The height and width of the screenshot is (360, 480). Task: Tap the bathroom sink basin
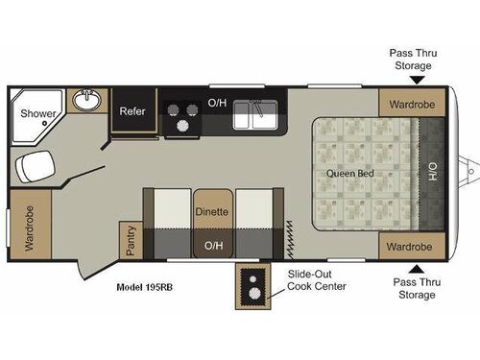(x=88, y=99)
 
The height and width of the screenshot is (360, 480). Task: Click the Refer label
(x=132, y=111)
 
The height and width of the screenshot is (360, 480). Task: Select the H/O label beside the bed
(x=432, y=174)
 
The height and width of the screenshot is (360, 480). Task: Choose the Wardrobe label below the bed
(x=410, y=247)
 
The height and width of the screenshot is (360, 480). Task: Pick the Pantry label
(x=131, y=240)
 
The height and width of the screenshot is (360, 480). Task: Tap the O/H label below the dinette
(x=211, y=247)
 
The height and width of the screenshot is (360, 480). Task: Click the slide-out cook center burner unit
(x=252, y=285)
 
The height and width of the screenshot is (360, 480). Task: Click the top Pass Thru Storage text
(x=411, y=60)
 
